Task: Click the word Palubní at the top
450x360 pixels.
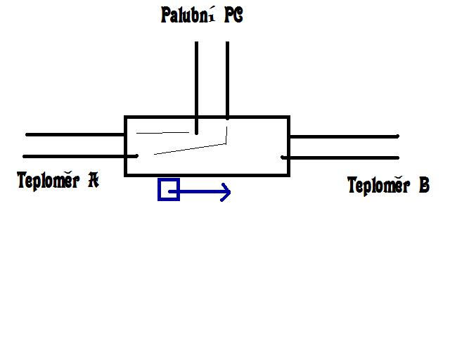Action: pos(185,16)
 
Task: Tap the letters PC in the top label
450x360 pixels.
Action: pos(234,16)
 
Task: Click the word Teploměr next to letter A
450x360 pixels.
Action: pos(47,181)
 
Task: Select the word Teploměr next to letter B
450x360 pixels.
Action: pos(378,186)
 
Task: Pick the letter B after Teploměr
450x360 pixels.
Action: pos(423,186)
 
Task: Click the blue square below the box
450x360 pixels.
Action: pos(169,190)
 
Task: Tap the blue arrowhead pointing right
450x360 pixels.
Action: pos(225,191)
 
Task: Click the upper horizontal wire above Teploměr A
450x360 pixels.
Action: pos(74,134)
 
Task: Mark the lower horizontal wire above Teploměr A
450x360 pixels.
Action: pos(74,156)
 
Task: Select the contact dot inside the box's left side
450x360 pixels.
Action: pos(136,156)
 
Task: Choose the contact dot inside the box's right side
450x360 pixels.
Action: pos(283,157)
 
